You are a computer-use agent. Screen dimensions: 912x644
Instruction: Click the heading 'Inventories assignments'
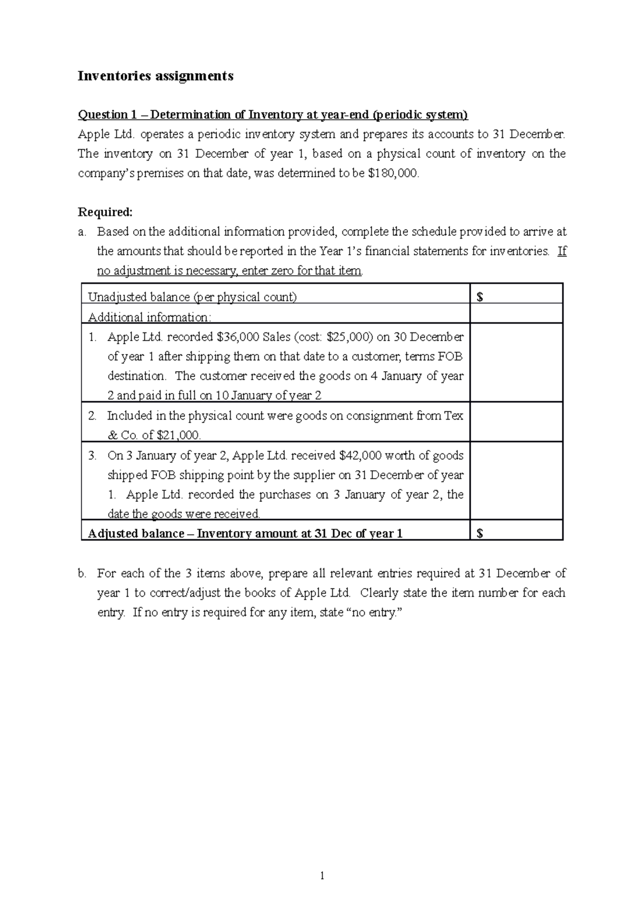(x=156, y=76)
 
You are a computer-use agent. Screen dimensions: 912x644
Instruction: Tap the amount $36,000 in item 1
(x=239, y=337)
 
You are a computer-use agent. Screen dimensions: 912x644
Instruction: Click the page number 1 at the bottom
(x=322, y=876)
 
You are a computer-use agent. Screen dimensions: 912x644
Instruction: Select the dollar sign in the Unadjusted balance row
(x=480, y=298)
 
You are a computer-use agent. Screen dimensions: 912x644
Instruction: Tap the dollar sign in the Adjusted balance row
(x=480, y=533)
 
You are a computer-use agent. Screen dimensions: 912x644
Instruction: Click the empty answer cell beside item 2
(x=516, y=422)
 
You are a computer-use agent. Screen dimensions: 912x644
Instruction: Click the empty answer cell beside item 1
(x=516, y=363)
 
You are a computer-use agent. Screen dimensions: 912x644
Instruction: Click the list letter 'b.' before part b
(x=82, y=574)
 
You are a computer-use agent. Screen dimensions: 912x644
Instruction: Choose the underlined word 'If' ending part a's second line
(x=562, y=251)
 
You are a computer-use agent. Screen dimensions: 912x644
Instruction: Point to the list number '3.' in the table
(x=93, y=456)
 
